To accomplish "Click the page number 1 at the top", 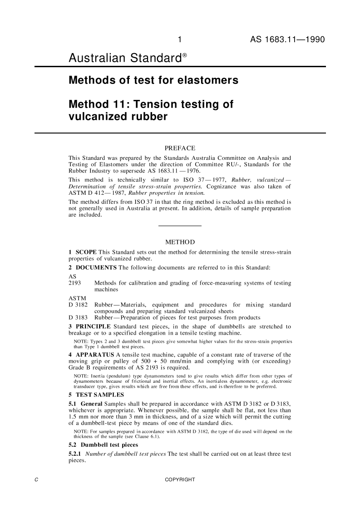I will point(180,40).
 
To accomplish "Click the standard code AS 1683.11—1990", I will point(287,40).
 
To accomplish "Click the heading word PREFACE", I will point(180,148).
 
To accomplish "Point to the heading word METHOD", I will point(180,241).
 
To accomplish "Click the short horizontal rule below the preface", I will point(180,226).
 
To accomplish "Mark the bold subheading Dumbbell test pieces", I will point(109,446).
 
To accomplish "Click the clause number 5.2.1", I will point(75,454).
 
